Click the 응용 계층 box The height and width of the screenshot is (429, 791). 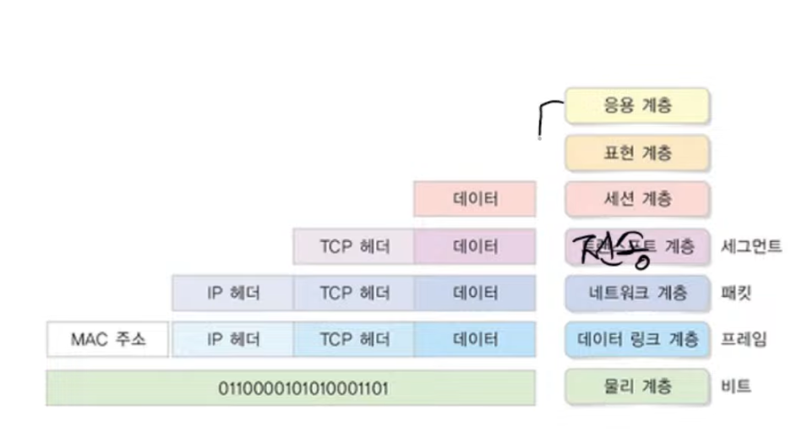(637, 107)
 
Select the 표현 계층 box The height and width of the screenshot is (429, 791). (637, 153)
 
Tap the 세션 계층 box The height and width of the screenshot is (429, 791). (637, 200)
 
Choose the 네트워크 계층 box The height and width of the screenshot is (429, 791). (637, 294)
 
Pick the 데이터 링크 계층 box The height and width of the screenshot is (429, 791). (637, 340)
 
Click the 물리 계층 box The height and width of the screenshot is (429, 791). (637, 387)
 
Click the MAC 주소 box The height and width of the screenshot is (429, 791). (107, 340)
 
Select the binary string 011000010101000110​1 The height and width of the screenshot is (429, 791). (291, 388)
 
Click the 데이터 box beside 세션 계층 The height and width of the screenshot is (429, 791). (475, 200)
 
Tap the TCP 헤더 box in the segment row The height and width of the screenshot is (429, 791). (354, 247)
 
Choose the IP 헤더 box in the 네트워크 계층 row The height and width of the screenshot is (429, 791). (233, 294)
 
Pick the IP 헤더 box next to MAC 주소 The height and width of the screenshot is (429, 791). (233, 340)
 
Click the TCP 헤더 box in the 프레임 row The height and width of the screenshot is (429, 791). (354, 340)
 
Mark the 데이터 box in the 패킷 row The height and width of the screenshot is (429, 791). (475, 294)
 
